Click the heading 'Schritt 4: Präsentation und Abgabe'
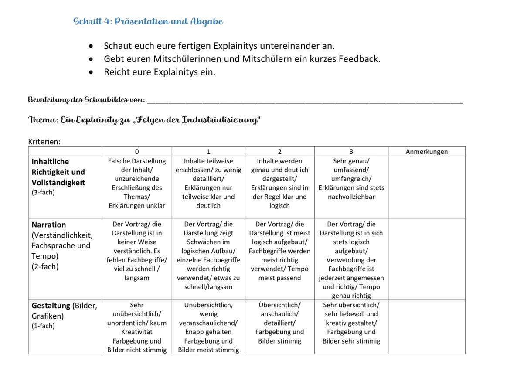tap(148, 22)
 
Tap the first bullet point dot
tap(91, 46)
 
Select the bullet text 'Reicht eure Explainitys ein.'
tap(160, 72)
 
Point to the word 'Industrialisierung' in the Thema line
tap(219, 120)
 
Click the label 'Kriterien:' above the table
tap(44, 141)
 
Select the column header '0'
tap(137, 152)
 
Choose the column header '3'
tap(351, 152)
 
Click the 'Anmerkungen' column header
tap(426, 152)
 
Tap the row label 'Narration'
tap(49, 225)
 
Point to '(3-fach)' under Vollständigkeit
tap(43, 192)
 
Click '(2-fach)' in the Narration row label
tap(45, 266)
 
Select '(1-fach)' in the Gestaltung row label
tap(43, 326)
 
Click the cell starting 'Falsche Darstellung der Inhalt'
tap(137, 183)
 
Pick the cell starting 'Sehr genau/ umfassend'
tap(351, 179)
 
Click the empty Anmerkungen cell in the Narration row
tap(426, 259)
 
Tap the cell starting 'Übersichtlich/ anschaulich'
tap(279, 323)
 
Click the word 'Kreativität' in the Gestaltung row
tap(137, 332)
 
